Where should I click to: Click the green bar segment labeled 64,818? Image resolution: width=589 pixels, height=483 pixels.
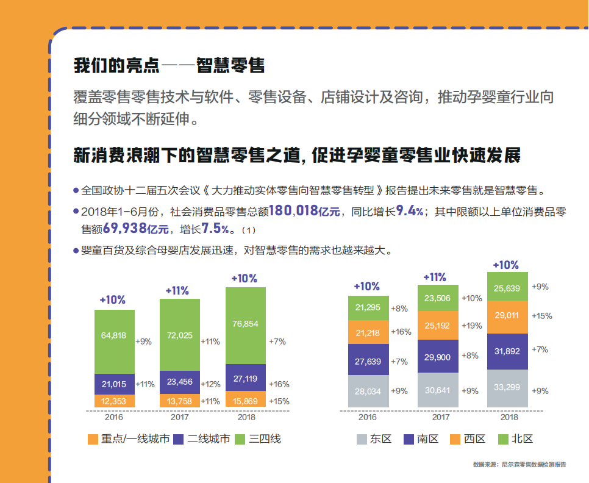point(115,342)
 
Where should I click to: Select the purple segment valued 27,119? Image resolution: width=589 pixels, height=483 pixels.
point(246,379)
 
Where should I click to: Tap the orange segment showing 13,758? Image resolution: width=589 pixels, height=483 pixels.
point(180,401)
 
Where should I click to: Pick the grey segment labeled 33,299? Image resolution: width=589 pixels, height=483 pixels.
point(508,387)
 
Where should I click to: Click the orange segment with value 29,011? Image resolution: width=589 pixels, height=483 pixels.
point(508,316)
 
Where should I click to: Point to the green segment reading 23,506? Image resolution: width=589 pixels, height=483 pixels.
point(438,298)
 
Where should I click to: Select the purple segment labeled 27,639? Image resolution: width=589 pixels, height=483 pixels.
point(368,361)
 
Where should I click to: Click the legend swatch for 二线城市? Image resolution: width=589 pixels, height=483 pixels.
point(179,440)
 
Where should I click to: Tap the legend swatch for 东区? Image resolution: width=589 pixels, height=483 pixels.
point(362,440)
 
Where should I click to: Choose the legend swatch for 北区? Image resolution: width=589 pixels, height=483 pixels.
point(503,440)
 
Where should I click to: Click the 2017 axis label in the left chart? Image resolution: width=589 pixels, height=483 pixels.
point(179,418)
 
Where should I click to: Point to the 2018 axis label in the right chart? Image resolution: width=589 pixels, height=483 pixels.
point(509,418)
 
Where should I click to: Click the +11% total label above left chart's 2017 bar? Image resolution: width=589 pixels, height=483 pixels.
point(177,291)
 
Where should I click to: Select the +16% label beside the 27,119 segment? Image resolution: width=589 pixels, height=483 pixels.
point(279,384)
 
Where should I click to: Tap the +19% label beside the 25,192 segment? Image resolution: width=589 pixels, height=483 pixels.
point(472,326)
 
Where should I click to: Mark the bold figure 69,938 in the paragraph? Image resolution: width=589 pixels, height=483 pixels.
point(127,229)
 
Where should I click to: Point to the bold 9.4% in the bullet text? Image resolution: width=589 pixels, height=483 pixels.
point(409,212)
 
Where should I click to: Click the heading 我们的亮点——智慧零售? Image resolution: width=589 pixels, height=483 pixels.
point(169,65)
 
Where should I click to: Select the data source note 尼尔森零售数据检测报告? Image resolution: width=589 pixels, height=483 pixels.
point(519,465)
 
